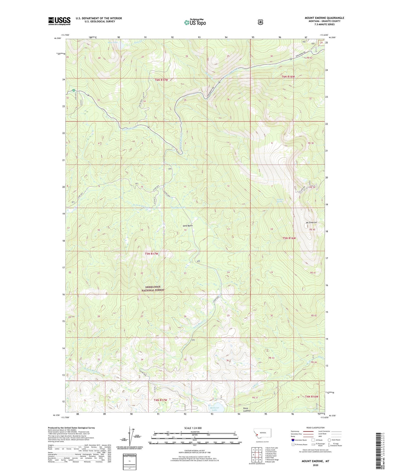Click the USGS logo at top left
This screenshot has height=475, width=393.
click(59, 21)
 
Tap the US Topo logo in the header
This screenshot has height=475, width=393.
click(195, 22)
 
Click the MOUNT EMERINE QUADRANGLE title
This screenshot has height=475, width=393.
click(324, 18)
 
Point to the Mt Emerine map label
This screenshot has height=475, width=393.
click(311, 223)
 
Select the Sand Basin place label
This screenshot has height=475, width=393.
click(187, 226)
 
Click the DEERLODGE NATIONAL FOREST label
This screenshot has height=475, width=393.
click(153, 289)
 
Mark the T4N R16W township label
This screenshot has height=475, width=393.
click(311, 397)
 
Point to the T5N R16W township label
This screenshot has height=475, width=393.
click(289, 238)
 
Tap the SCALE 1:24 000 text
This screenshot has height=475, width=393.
click(193, 428)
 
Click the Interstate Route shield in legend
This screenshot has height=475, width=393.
click(293, 440)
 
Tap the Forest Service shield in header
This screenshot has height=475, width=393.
click(260, 22)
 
